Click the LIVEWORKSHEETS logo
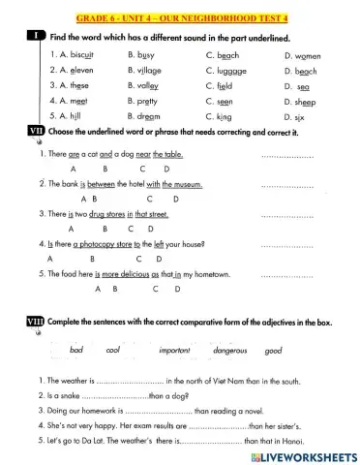click(302, 454)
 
